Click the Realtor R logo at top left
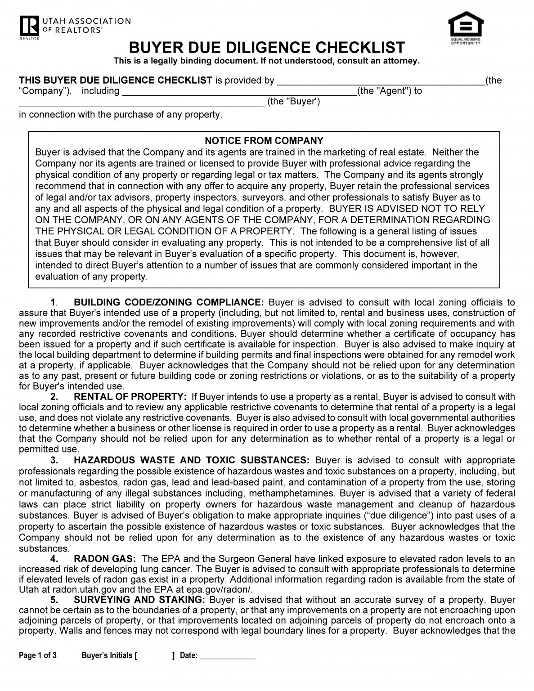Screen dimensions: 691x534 point(29,26)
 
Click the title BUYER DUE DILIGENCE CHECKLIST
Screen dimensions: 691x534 point(267,48)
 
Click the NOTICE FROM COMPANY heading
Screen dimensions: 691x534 point(264,141)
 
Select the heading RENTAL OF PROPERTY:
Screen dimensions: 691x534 point(130,397)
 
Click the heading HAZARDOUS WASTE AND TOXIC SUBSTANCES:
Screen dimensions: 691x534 point(191,460)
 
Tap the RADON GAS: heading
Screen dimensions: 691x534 point(104,559)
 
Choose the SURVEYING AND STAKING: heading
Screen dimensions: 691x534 point(139,600)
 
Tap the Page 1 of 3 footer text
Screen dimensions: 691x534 point(38,655)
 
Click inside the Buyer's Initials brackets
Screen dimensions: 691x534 point(154,655)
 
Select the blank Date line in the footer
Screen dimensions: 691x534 point(227,656)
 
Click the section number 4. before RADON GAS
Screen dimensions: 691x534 point(54,559)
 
